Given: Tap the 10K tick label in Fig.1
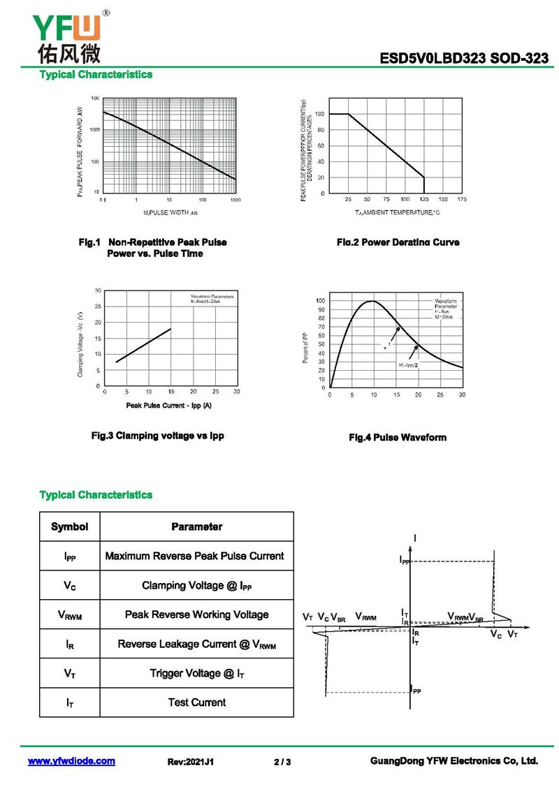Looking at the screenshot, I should click(x=96, y=98).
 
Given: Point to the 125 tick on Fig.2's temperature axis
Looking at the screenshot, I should click(x=424, y=200).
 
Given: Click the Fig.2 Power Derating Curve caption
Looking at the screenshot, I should click(x=398, y=242).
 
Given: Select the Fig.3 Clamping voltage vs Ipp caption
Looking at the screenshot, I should click(x=158, y=436).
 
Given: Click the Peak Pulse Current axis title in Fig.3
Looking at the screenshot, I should click(x=168, y=405).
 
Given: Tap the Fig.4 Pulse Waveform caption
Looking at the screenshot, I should click(x=397, y=438).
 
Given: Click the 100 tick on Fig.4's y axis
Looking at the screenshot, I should click(x=320, y=301).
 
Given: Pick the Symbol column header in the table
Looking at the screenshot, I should click(x=69, y=526).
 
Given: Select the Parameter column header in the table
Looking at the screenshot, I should click(x=196, y=526).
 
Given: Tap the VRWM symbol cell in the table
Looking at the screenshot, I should click(x=69, y=615).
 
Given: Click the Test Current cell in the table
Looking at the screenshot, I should click(x=196, y=702).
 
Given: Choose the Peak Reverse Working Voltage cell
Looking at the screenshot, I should click(x=196, y=614).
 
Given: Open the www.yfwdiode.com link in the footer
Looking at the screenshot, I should click(x=71, y=761).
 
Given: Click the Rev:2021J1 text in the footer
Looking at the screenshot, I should click(x=191, y=762).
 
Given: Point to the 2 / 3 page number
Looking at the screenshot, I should click(x=282, y=762).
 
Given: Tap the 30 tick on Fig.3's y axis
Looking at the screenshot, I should click(x=98, y=290).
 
